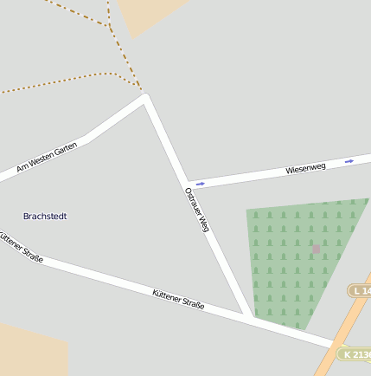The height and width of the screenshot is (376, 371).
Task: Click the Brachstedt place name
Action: coord(45,216)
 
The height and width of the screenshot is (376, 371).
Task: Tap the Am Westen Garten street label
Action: coord(47,157)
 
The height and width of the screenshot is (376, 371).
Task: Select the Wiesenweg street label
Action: coord(305,168)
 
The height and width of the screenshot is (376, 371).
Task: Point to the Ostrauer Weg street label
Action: coord(197,210)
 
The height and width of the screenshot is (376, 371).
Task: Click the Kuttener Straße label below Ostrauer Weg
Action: coord(178,300)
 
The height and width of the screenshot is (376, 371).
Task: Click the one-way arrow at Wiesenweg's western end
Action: coord(201,184)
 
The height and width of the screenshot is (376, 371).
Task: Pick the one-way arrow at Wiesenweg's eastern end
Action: coord(349,161)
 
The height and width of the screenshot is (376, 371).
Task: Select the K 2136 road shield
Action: coord(355,354)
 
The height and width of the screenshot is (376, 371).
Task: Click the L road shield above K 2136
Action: coord(361,291)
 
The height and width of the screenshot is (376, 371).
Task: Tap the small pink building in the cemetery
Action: coord(317,250)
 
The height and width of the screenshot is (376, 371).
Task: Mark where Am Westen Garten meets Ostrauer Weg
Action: coord(145,96)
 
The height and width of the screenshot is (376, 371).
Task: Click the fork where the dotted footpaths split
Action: coord(111,26)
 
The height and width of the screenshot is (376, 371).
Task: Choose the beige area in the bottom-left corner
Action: coord(30,351)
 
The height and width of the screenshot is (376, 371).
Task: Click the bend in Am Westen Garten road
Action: coord(84,139)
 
